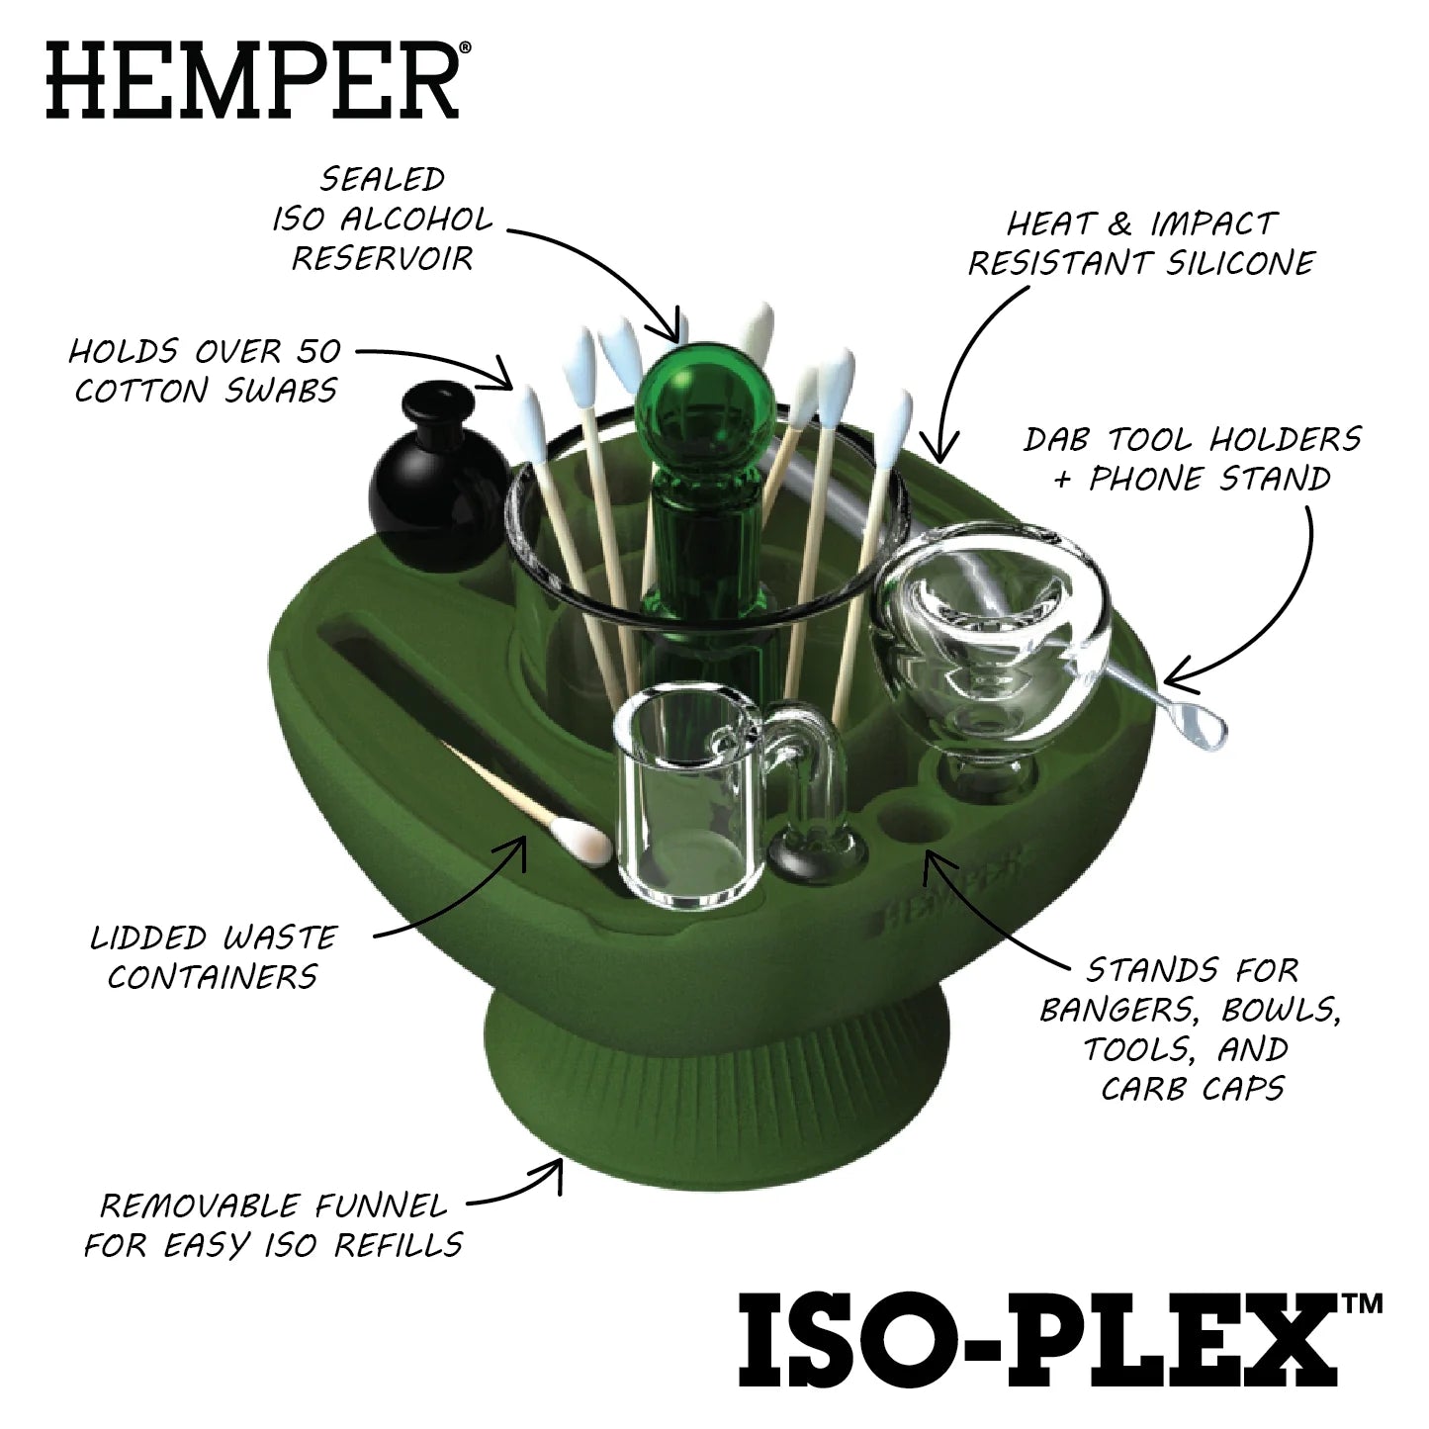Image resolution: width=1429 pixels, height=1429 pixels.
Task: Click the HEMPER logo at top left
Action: coord(252,78)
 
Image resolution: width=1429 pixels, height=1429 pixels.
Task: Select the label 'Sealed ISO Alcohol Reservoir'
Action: coord(382,219)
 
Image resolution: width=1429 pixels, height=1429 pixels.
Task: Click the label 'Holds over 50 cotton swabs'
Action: coord(207,371)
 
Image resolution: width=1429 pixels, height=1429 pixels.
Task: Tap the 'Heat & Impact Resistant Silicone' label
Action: coord(1141,243)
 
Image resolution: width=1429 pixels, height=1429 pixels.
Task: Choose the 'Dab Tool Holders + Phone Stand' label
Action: coord(1192,459)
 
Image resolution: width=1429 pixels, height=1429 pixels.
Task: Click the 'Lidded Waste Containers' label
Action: coord(214,956)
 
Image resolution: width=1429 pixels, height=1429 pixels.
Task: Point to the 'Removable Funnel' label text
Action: coord(273,1224)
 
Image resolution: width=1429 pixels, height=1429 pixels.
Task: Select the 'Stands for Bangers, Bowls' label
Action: coord(1192,1028)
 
